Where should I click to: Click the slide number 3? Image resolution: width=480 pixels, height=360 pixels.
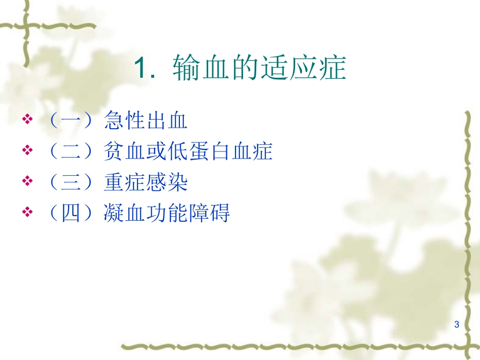click(457, 324)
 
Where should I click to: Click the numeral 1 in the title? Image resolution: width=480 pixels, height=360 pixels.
click(140, 68)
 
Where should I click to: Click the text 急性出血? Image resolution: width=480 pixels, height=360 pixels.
click(146, 121)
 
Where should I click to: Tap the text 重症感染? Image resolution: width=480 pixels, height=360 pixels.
click(146, 182)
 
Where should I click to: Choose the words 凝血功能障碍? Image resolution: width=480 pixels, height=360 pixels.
click(167, 214)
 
